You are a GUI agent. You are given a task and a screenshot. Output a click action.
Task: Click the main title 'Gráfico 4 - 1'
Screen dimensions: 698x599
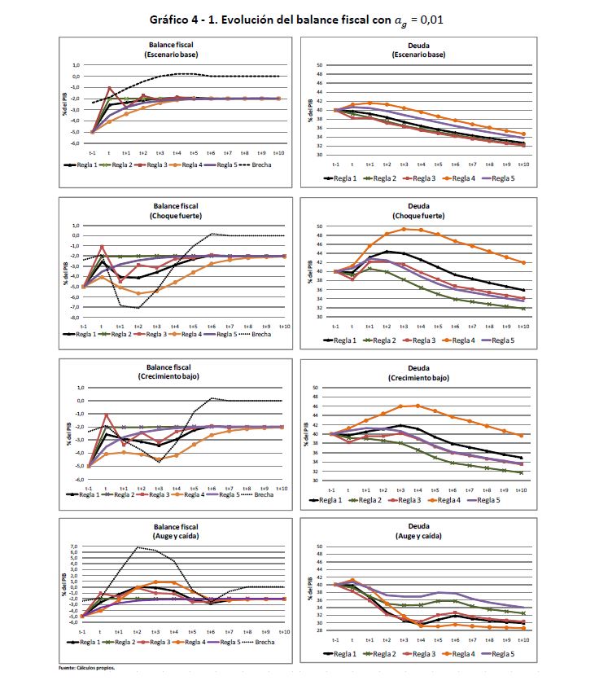click(299, 19)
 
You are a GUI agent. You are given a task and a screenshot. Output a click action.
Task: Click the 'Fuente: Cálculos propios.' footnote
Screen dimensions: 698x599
click(87, 668)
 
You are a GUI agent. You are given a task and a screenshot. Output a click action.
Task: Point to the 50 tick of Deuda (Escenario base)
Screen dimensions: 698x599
click(320, 64)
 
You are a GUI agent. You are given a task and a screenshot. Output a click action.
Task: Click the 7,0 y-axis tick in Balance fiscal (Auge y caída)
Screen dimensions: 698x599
click(73, 546)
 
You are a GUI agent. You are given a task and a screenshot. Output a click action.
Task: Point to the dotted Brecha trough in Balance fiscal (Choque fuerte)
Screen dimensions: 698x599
click(138, 308)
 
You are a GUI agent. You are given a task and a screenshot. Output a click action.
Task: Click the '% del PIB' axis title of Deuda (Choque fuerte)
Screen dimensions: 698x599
click(308, 271)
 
